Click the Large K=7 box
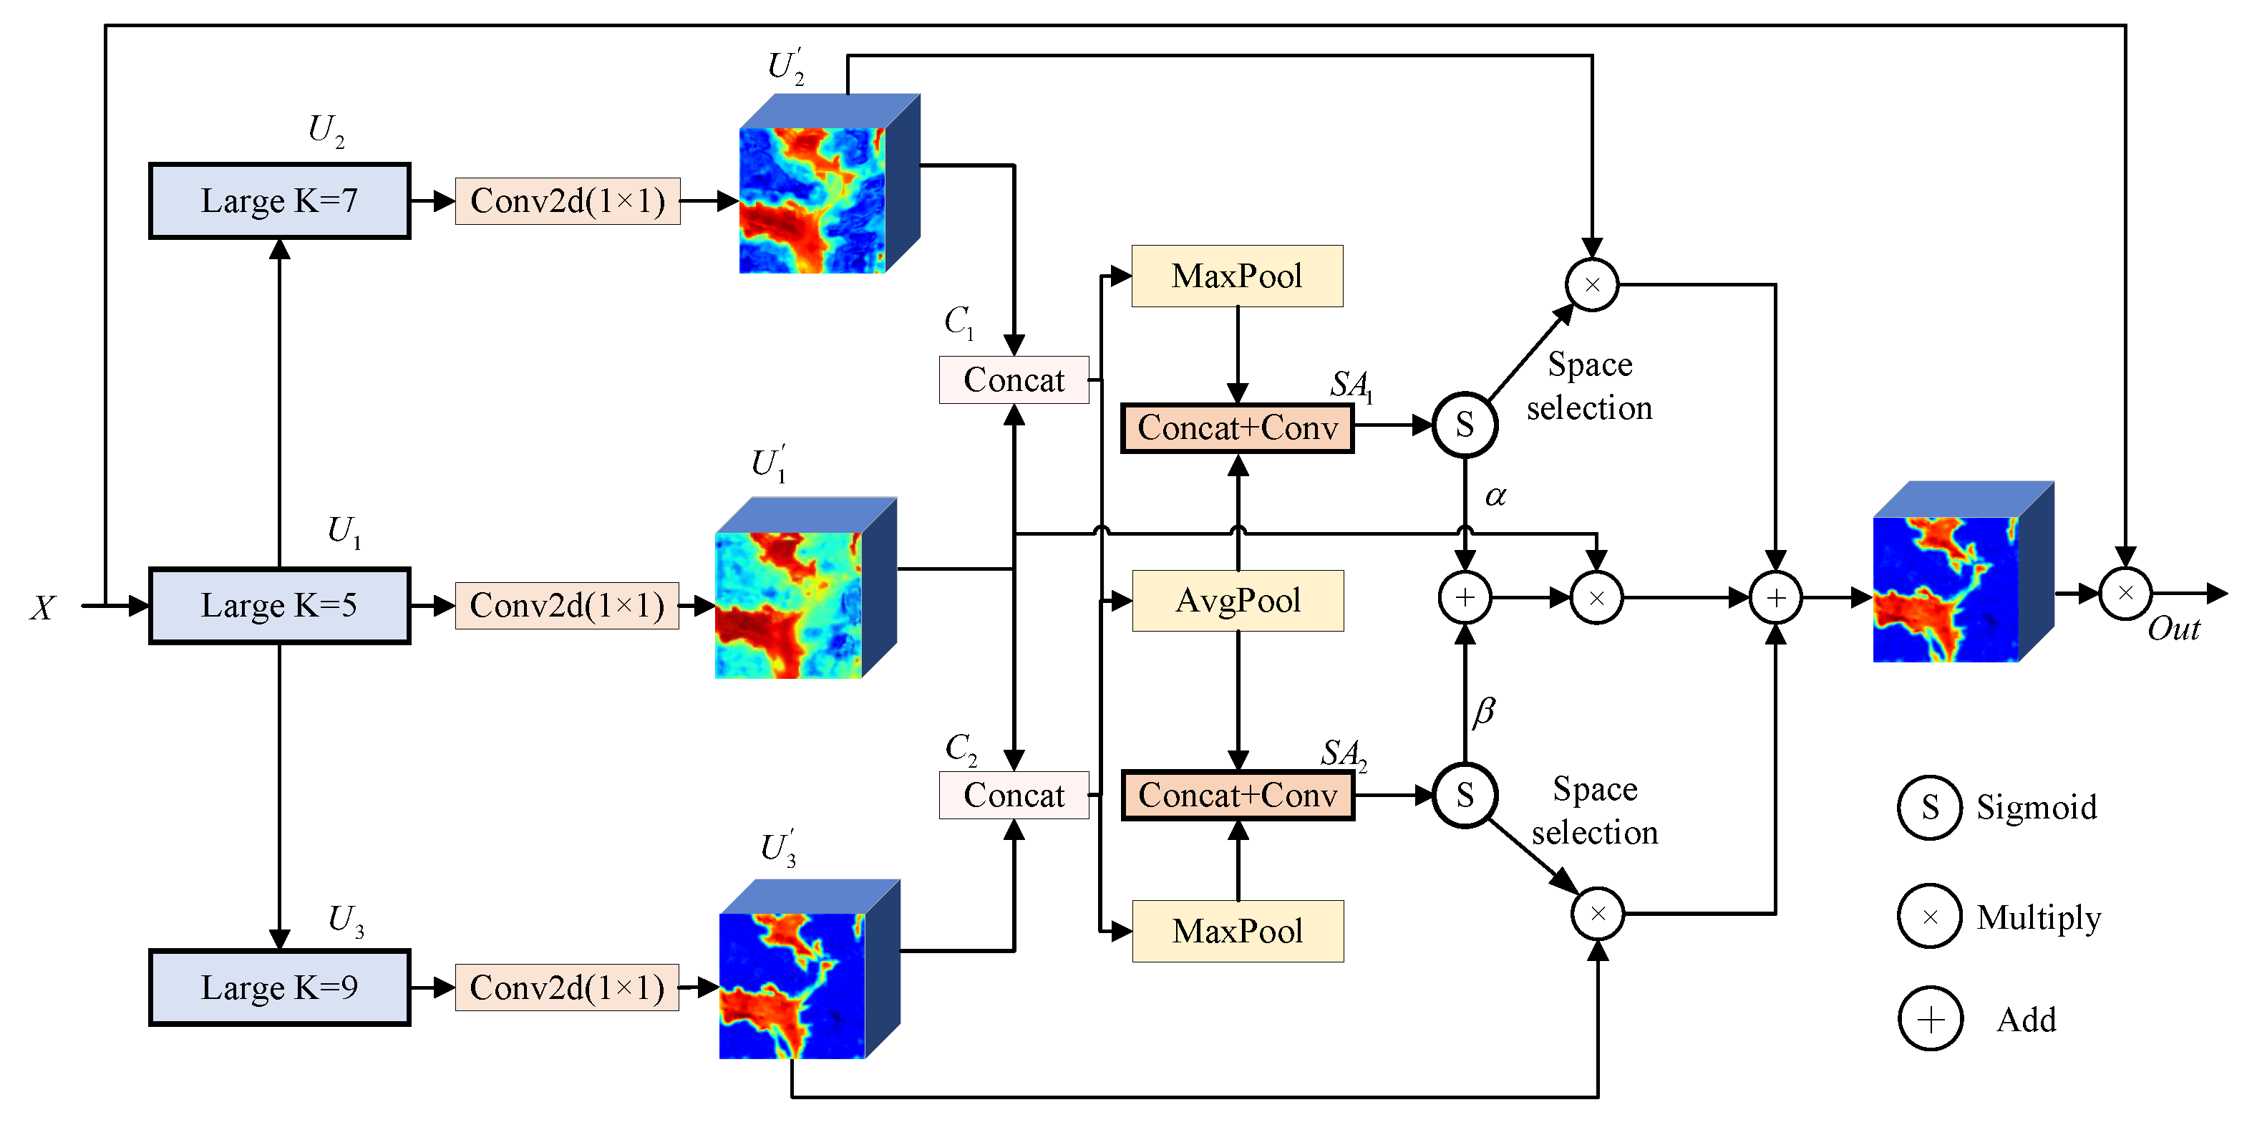tap(278, 201)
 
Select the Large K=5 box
tap(278, 605)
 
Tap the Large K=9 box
tap(278, 988)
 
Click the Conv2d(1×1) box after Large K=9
tap(567, 988)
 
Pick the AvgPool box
tap(1237, 601)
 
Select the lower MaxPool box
tap(1237, 930)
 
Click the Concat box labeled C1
tap(1014, 380)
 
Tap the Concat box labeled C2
tap(1014, 795)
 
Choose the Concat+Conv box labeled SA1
tap(1237, 428)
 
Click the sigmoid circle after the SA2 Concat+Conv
tap(1465, 795)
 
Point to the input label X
tap(43, 607)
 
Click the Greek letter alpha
tap(1495, 496)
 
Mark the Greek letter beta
tap(1483, 710)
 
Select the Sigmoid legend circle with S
tap(1929, 808)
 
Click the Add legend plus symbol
tap(1930, 1019)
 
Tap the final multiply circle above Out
tap(2125, 593)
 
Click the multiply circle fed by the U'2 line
tap(1591, 285)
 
